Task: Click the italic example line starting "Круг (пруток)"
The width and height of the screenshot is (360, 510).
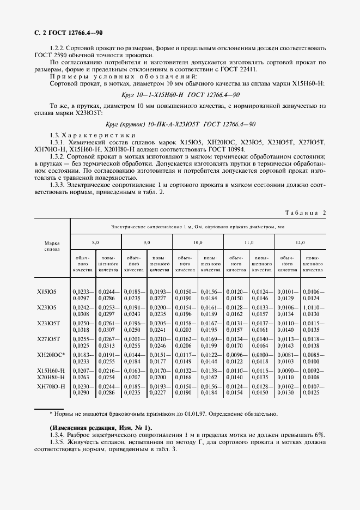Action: (180, 124)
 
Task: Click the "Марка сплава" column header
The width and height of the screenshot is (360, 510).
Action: (52, 245)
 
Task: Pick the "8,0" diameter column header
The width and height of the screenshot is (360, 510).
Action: (95, 241)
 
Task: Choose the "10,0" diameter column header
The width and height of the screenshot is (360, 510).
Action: (197, 241)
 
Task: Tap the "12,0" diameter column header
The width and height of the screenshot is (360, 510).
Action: (300, 241)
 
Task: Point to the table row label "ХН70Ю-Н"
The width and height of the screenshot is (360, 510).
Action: (51, 386)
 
